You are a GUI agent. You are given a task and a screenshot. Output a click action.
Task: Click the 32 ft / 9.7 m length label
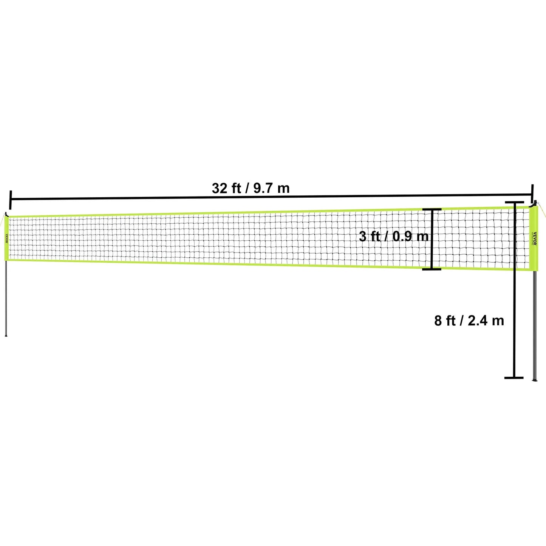(x=251, y=188)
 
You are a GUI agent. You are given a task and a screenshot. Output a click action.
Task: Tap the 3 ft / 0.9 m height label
(x=394, y=237)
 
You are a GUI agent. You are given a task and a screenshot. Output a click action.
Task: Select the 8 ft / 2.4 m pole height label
(x=469, y=321)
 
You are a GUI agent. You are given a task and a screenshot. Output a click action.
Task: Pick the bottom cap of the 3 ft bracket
(x=432, y=269)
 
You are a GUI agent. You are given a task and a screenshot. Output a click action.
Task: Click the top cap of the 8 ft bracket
(x=514, y=203)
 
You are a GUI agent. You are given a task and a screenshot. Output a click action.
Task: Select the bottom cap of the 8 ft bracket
(x=514, y=377)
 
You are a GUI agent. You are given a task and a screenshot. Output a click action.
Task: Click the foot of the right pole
(x=534, y=379)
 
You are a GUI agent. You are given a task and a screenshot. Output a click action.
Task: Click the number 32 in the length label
(x=219, y=188)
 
